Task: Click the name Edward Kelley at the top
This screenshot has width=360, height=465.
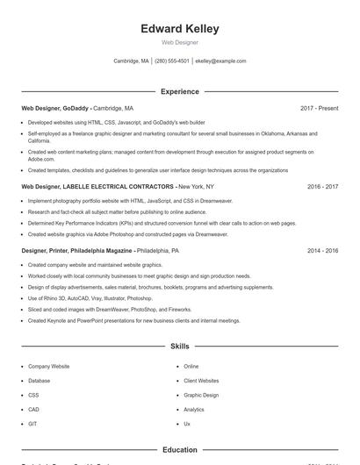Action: tap(179, 29)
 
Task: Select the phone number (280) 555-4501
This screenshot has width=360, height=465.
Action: tap(172, 61)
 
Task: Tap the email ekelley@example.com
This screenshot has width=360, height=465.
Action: tap(220, 61)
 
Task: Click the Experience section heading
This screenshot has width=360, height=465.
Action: tap(179, 91)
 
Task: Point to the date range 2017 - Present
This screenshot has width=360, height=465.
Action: tap(319, 108)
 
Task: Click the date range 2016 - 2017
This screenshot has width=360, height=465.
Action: tap(322, 187)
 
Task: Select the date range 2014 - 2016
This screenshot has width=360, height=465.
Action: tap(322, 250)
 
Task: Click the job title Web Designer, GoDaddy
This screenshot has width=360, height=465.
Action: tap(54, 108)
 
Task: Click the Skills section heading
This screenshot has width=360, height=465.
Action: tap(179, 347)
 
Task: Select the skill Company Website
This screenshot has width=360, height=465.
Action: tap(48, 366)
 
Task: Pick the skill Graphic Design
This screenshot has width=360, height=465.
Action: tap(200, 395)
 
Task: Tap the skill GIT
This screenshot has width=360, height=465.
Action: tap(32, 424)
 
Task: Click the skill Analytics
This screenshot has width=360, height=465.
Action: tap(193, 409)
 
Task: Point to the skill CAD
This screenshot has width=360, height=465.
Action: tap(33, 409)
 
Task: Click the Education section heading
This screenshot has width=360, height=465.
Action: tap(179, 450)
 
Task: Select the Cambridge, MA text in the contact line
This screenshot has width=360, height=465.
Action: tap(132, 61)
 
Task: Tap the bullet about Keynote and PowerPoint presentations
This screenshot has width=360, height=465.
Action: tap(133, 320)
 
